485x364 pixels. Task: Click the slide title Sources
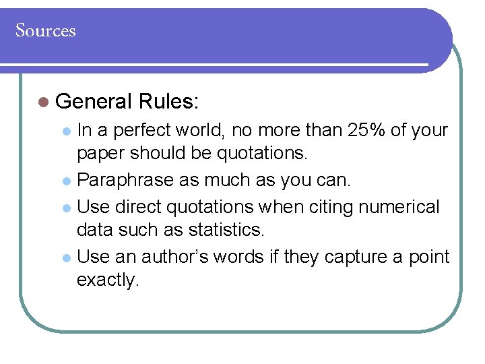(x=46, y=31)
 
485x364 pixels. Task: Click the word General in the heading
(x=94, y=102)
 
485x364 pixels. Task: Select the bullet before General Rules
(x=44, y=102)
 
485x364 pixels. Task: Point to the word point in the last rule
(x=429, y=256)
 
